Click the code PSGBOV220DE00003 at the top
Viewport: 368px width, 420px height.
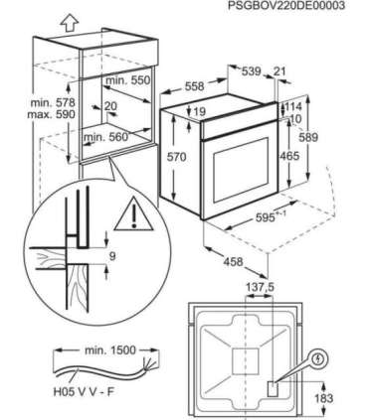coord(281,6)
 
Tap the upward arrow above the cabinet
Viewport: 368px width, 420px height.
coord(70,24)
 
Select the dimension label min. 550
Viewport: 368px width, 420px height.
coord(128,80)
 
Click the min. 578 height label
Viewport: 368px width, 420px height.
coord(53,102)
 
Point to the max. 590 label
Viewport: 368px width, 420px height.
coord(51,114)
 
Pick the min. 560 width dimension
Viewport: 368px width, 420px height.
coord(105,136)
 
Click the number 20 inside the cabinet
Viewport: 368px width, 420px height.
coord(110,106)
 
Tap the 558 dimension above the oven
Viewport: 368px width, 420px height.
coord(194,86)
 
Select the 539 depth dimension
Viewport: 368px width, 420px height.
coord(251,71)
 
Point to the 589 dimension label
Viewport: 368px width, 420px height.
coord(308,137)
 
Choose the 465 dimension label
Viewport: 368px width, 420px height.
coord(289,156)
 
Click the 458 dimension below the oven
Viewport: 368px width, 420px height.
coord(233,261)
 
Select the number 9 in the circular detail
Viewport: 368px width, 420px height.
coord(112,256)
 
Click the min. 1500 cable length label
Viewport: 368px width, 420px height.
coord(110,350)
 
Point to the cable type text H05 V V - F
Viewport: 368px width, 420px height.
coord(84,392)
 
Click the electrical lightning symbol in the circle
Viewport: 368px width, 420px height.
coord(319,359)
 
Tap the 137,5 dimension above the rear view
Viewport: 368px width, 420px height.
coord(260,288)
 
